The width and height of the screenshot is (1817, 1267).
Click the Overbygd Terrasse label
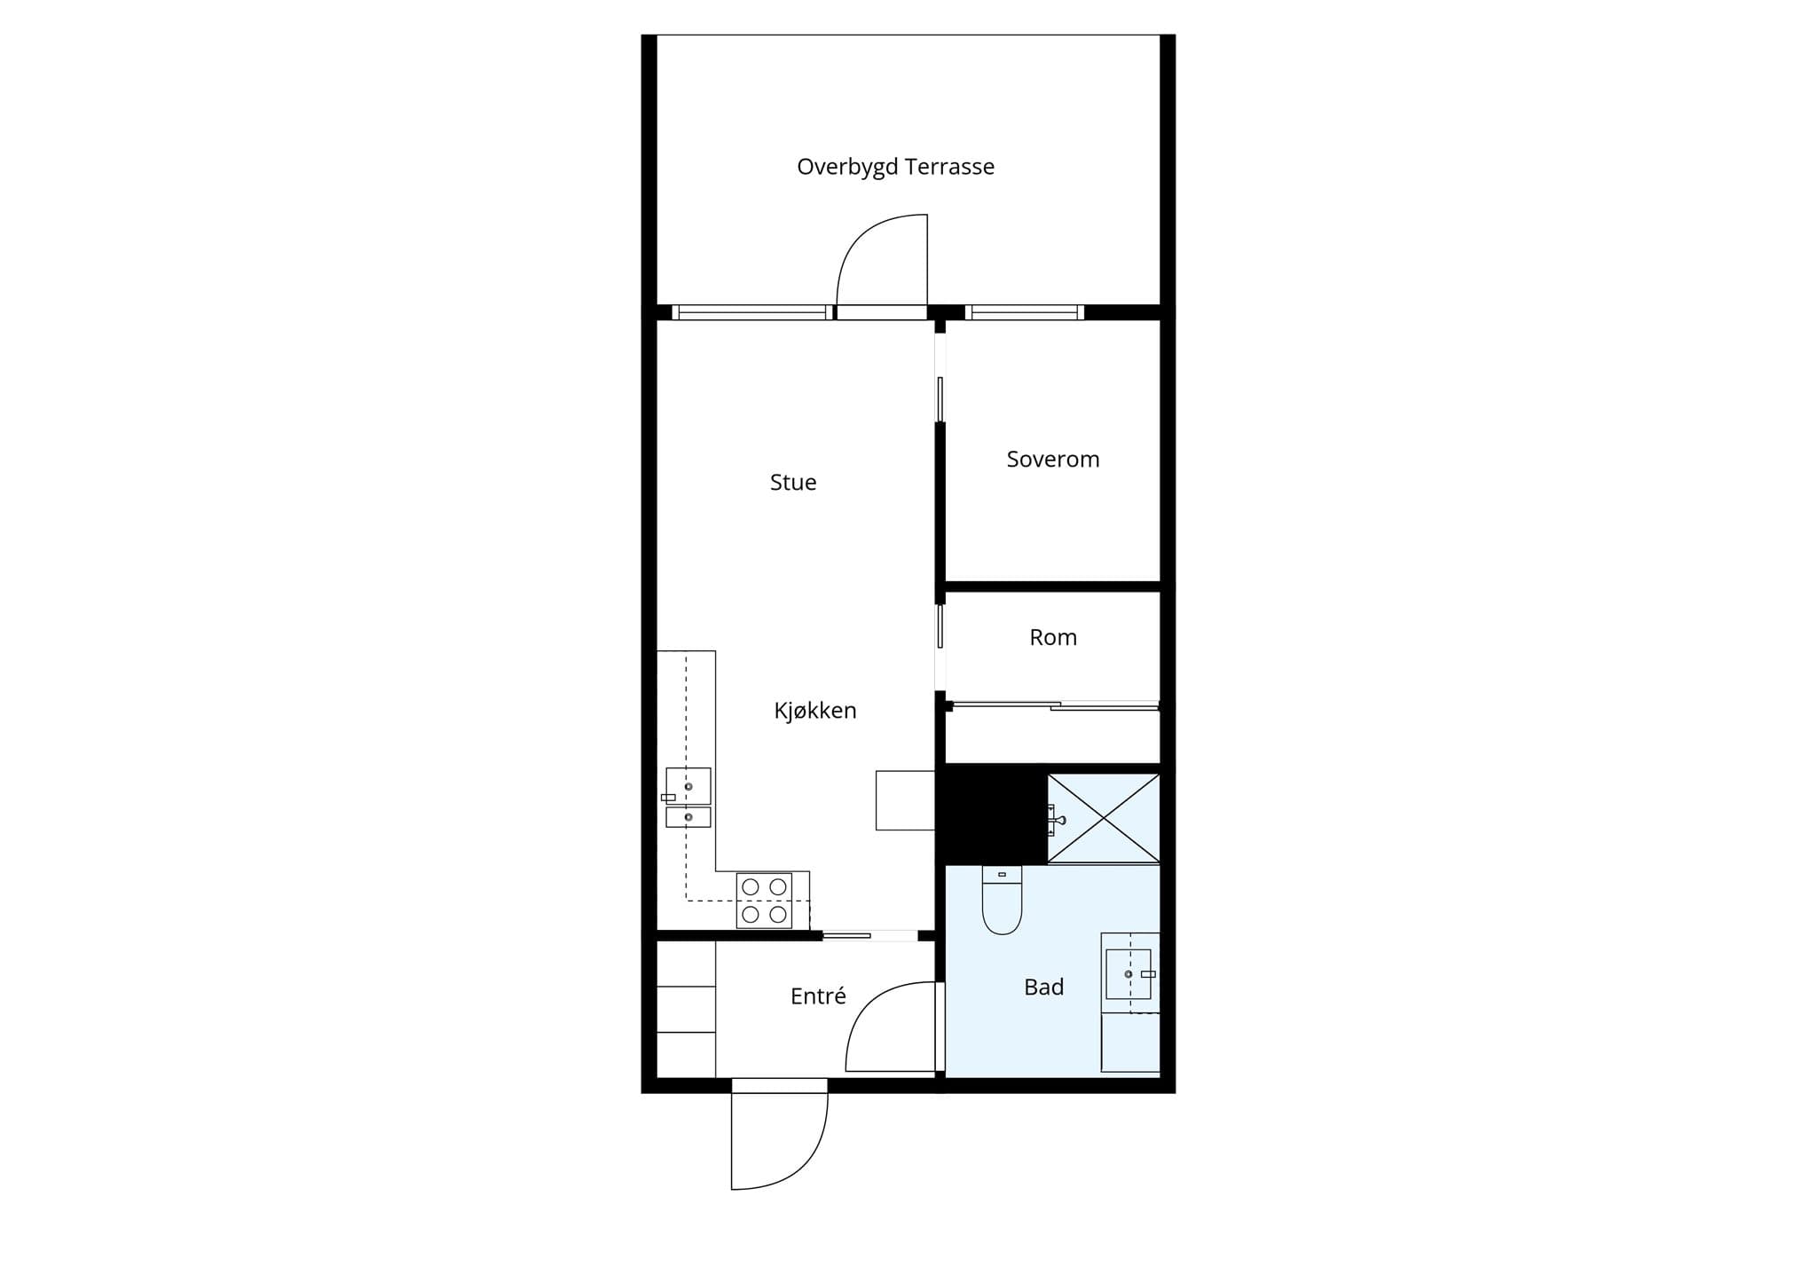click(895, 167)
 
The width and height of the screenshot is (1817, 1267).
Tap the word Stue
click(793, 482)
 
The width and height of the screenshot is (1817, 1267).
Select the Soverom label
click(1053, 459)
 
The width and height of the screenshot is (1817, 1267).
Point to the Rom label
click(1053, 637)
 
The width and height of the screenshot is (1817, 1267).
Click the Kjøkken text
click(815, 710)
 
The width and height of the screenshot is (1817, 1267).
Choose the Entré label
click(818, 995)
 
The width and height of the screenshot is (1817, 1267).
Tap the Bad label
click(1043, 987)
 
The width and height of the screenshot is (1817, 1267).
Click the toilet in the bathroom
click(1003, 900)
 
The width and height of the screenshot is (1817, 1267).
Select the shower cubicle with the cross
click(1104, 818)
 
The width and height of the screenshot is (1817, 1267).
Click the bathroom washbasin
click(1129, 974)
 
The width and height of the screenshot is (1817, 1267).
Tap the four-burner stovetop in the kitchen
click(764, 901)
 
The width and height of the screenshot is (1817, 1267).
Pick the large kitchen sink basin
click(688, 786)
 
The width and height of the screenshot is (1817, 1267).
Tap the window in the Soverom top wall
click(1025, 312)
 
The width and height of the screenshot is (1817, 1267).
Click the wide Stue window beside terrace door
click(752, 312)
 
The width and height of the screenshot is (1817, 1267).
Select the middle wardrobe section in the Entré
click(686, 1009)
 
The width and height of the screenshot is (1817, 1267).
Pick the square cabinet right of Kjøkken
click(905, 800)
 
